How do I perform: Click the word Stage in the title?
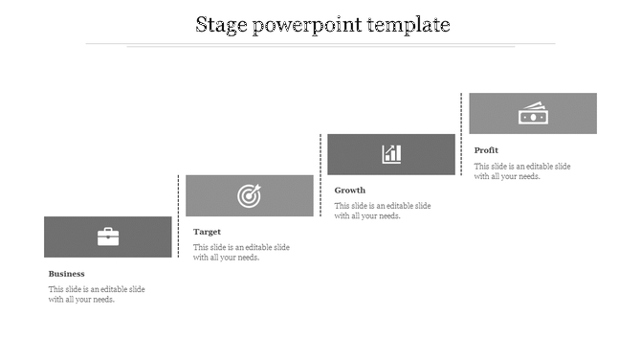pyautogui.click(x=221, y=25)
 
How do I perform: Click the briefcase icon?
pyautogui.click(x=108, y=236)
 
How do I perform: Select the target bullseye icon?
pyautogui.click(x=249, y=195)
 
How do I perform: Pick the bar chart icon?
pyautogui.click(x=391, y=153)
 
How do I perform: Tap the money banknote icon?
pyautogui.click(x=532, y=113)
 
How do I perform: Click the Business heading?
pyautogui.click(x=67, y=274)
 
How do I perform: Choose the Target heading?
pyautogui.click(x=208, y=232)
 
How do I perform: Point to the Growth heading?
pyautogui.click(x=350, y=191)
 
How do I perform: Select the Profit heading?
pyautogui.click(x=487, y=150)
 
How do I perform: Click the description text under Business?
pyautogui.click(x=97, y=294)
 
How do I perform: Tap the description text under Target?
pyautogui.click(x=241, y=252)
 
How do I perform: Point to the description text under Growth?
pyautogui.click(x=383, y=211)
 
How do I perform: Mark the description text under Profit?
pyautogui.click(x=522, y=170)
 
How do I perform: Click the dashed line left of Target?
pyautogui.click(x=179, y=215)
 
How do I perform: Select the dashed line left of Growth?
pyautogui.click(x=319, y=174)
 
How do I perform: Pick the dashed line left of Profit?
pyautogui.click(x=461, y=134)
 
